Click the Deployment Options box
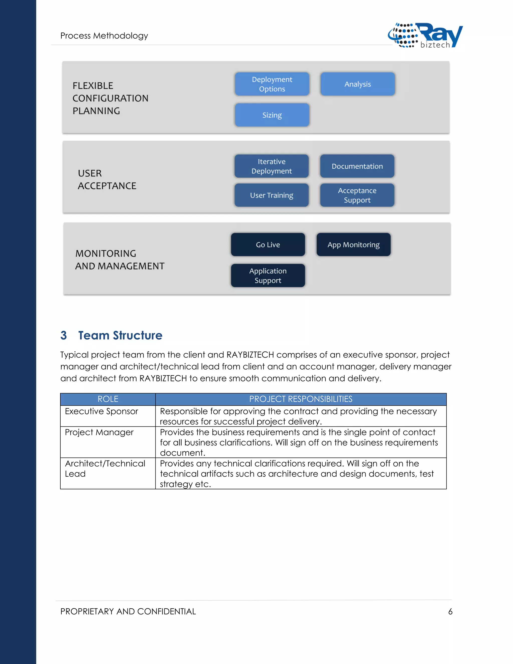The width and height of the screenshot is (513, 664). [x=272, y=84]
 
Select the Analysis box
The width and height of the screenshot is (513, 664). [x=358, y=84]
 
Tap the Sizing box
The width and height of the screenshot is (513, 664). [x=272, y=115]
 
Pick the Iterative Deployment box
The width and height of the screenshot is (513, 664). [x=271, y=166]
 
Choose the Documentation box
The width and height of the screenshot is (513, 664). [x=357, y=166]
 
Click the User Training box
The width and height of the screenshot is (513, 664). [x=271, y=195]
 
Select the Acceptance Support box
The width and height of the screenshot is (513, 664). [x=357, y=195]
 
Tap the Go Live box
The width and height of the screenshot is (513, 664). [x=268, y=245]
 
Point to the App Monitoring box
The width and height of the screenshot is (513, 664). [x=353, y=245]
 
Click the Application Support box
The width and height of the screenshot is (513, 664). [x=268, y=276]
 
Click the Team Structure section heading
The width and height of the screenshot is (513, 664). [x=120, y=335]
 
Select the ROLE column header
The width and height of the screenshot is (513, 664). [x=108, y=399]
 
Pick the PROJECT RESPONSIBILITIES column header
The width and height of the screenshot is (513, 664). [x=301, y=399]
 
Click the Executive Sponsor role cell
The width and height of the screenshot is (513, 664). [x=101, y=411]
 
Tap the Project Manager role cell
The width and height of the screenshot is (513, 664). [x=99, y=432]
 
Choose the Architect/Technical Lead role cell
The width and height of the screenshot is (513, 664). [x=105, y=469]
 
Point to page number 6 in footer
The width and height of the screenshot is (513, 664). [x=450, y=612]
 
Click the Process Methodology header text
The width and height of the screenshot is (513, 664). [x=104, y=36]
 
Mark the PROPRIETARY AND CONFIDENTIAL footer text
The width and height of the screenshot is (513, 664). [x=128, y=612]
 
